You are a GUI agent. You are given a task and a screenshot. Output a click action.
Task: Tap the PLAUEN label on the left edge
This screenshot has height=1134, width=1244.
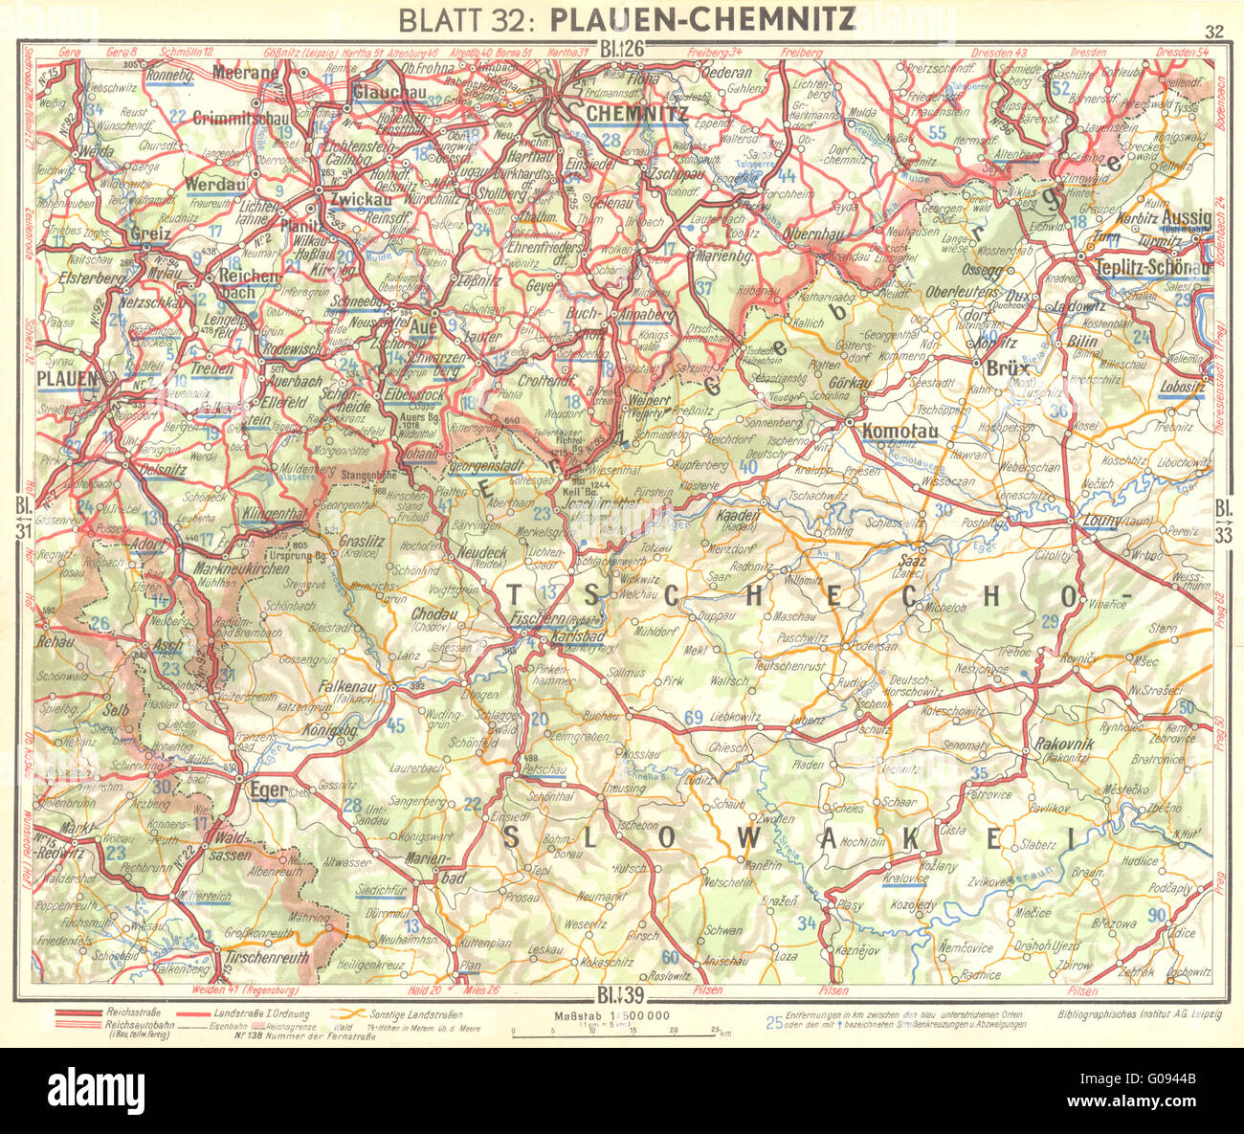pos(67,379)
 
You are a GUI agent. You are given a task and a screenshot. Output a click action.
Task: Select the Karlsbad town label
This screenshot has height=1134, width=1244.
pos(571,637)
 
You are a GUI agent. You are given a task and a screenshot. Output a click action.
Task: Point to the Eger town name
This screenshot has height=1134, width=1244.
pos(268,790)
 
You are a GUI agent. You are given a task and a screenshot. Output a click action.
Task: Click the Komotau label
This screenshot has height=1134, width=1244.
pos(896,432)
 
